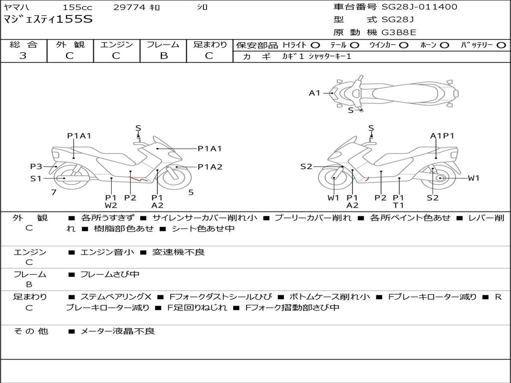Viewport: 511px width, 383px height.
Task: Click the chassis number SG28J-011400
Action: [x=419, y=6]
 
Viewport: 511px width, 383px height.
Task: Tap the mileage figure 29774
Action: [x=129, y=7]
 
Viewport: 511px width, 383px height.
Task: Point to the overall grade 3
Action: [x=23, y=56]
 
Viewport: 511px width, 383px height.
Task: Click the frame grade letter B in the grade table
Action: [x=164, y=56]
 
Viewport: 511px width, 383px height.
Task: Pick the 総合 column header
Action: [x=23, y=44]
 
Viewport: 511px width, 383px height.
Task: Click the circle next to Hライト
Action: [x=315, y=45]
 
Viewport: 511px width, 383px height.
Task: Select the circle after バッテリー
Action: [x=501, y=45]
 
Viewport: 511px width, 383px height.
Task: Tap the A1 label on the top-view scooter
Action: [x=314, y=93]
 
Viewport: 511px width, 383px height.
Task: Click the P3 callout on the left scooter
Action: [x=36, y=167]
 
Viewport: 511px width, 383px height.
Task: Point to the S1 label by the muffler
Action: [x=36, y=179]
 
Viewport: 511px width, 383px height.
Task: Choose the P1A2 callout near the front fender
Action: [x=210, y=167]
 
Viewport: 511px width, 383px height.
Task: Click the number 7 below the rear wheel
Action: [x=54, y=192]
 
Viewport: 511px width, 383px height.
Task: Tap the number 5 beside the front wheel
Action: [x=191, y=192]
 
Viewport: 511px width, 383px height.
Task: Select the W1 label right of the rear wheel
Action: [x=474, y=178]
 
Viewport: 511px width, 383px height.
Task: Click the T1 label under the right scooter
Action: [x=398, y=205]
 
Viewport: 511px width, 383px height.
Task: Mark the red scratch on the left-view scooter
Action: [x=139, y=179]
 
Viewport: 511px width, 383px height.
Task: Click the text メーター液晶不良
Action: [x=117, y=331]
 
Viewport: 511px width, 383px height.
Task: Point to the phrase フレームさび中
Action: [x=110, y=275]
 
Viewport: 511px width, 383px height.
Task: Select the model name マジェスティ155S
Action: [x=48, y=19]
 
